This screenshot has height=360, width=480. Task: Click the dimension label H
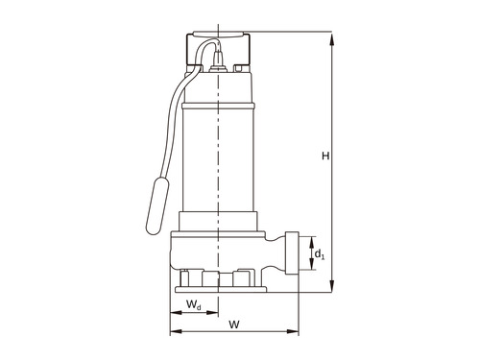325,156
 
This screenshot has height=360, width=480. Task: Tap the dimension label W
234,324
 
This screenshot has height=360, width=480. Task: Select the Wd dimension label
194,304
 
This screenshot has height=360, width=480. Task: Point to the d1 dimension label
320,254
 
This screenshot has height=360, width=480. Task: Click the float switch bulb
157,205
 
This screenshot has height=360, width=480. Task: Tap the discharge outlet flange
292,253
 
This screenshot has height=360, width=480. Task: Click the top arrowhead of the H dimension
332,39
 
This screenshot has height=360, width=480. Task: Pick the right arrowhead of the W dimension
292,331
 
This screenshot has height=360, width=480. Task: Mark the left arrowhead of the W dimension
176,331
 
